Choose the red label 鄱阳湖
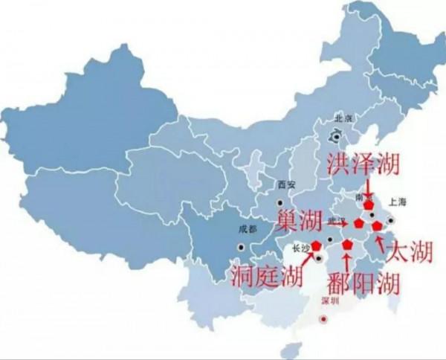click(x=364, y=283)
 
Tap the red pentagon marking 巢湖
click(x=359, y=223)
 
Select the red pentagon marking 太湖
click(x=377, y=225)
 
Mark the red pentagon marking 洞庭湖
click(x=317, y=245)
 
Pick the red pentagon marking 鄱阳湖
click(x=347, y=243)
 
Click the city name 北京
click(x=343, y=118)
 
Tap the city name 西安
click(x=285, y=185)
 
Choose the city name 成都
click(x=247, y=230)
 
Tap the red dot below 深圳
click(x=323, y=319)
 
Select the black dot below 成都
click(x=240, y=247)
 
